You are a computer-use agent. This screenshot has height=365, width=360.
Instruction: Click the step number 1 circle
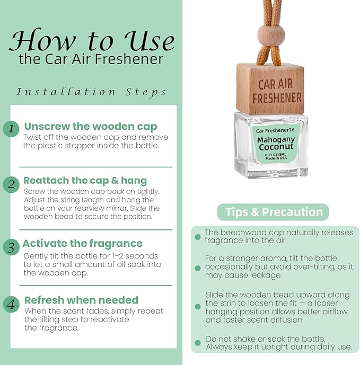[x=11, y=129]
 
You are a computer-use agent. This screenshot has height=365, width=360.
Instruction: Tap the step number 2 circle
[x=11, y=184]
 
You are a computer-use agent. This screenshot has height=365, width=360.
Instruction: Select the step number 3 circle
[x=11, y=247]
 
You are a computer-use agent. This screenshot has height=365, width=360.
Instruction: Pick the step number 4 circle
[x=11, y=305]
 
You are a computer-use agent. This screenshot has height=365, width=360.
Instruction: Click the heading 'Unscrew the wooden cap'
[x=91, y=127]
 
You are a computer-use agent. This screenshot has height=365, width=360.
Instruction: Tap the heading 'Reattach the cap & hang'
[x=85, y=181]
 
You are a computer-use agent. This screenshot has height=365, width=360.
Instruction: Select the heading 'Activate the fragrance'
[x=83, y=244]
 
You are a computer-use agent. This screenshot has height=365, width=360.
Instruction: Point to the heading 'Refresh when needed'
[x=81, y=300]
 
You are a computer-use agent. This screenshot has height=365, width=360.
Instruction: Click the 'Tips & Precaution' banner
[x=273, y=212]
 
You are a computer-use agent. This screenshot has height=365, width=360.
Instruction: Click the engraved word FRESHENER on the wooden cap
[x=277, y=98]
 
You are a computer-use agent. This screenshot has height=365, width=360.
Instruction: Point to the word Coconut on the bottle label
[x=276, y=147]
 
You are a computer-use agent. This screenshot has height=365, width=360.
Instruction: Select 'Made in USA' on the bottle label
[x=276, y=158]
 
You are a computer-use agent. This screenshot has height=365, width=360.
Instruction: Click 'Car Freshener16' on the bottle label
[x=275, y=130]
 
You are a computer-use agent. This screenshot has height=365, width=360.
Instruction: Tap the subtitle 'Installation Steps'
[x=91, y=92]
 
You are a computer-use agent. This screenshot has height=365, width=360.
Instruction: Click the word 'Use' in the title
[x=150, y=41]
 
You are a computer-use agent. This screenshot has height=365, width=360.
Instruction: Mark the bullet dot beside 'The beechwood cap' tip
[x=198, y=237]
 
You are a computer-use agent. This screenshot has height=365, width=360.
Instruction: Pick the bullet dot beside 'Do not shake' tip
[x=198, y=343]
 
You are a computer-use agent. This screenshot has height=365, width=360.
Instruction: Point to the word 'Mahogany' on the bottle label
[x=276, y=140]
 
